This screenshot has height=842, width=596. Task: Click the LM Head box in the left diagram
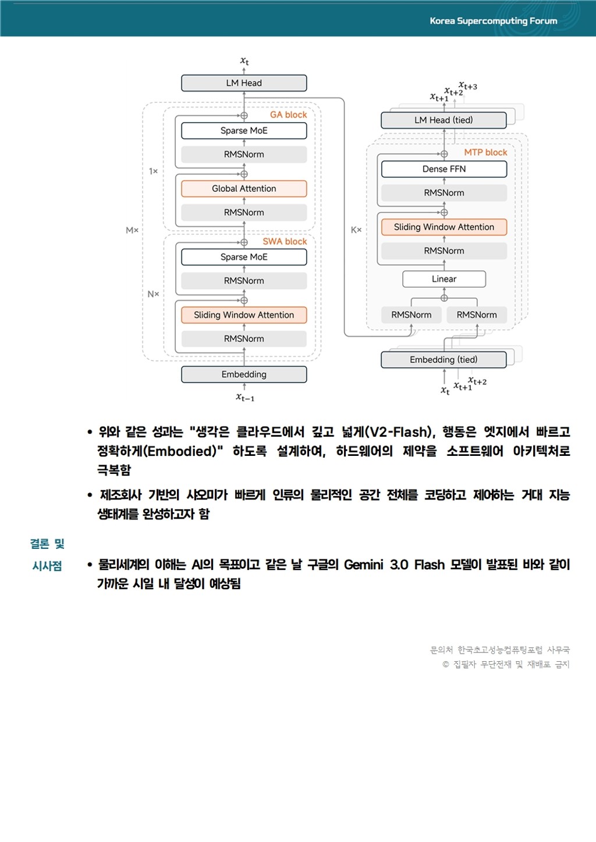click(x=244, y=83)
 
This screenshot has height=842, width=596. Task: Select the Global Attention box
click(x=244, y=189)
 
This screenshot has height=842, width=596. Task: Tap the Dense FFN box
click(x=444, y=169)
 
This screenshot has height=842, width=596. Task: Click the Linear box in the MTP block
click(x=444, y=279)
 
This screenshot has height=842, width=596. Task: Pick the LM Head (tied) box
click(x=444, y=120)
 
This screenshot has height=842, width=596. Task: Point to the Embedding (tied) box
click(x=444, y=360)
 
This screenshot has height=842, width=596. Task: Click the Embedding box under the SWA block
click(x=244, y=374)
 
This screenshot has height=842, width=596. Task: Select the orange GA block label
click(x=288, y=115)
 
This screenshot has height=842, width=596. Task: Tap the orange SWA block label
click(x=285, y=242)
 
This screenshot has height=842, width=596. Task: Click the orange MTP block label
click(x=485, y=152)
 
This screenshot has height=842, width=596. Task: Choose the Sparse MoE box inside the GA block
click(x=244, y=131)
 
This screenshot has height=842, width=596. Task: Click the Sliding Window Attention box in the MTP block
click(x=444, y=227)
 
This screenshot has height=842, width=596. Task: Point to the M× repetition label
click(x=132, y=231)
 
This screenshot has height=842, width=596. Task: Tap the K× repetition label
click(x=356, y=230)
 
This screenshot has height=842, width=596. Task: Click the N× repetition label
click(x=153, y=294)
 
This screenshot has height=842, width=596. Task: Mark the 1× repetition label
click(x=153, y=172)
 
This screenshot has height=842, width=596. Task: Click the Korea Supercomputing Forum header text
click(x=494, y=21)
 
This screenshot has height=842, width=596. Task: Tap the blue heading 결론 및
click(x=47, y=544)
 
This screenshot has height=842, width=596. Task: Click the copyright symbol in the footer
click(x=446, y=665)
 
